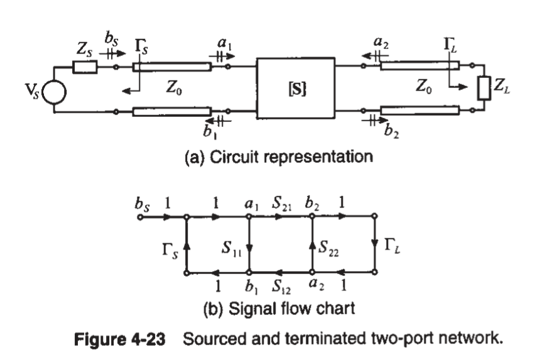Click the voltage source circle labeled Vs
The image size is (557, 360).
click(54, 95)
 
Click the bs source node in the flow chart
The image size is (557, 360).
click(139, 218)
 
